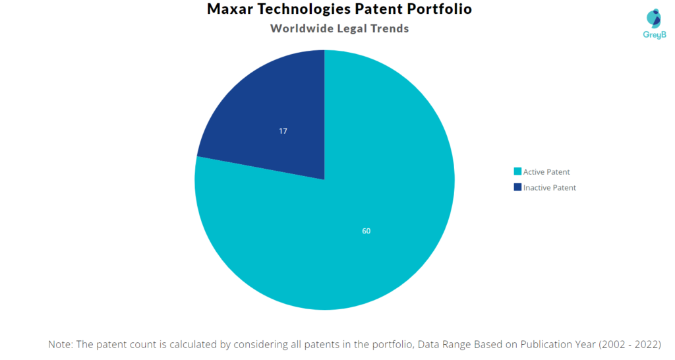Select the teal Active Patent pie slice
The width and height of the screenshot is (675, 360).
point(344,216)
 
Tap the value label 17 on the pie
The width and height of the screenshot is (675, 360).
point(283,131)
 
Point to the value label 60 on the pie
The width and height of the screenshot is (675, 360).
point(366,231)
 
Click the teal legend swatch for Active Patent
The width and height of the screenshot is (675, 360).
point(517,171)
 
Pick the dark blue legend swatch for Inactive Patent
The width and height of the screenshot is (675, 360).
point(517,187)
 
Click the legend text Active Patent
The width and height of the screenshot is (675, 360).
point(546,172)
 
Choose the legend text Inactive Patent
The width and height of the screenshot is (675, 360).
point(549,188)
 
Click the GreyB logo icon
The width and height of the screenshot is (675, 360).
point(654,18)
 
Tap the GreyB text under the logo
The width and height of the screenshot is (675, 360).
point(655,35)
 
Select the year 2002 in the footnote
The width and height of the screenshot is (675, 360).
point(613,344)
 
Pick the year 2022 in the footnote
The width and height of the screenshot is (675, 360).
point(646,344)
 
